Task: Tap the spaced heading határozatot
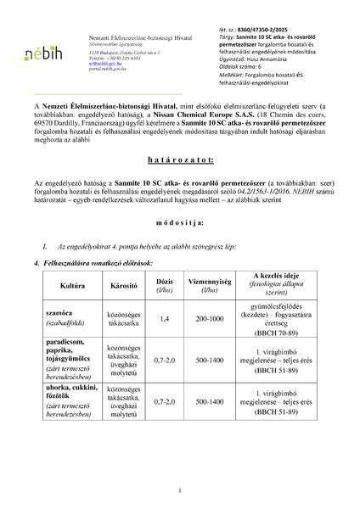(x=180, y=184)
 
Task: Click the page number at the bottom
(x=180, y=490)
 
